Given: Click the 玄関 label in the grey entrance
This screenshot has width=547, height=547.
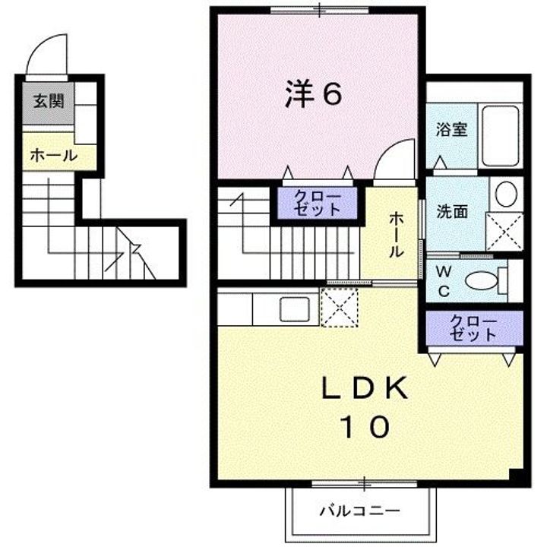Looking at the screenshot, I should point(47,102).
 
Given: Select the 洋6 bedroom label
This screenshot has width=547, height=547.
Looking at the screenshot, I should point(313,94).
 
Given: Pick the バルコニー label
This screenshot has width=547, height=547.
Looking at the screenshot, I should point(359,509).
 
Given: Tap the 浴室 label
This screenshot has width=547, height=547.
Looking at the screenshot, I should point(451,129).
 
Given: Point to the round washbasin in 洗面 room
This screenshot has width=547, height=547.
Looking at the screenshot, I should point(505,194).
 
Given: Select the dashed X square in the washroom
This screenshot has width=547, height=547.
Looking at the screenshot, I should point(504,231).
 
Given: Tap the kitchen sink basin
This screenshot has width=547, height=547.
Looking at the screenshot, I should point(293,310).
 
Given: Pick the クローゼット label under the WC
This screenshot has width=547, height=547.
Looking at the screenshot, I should point(473,327).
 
